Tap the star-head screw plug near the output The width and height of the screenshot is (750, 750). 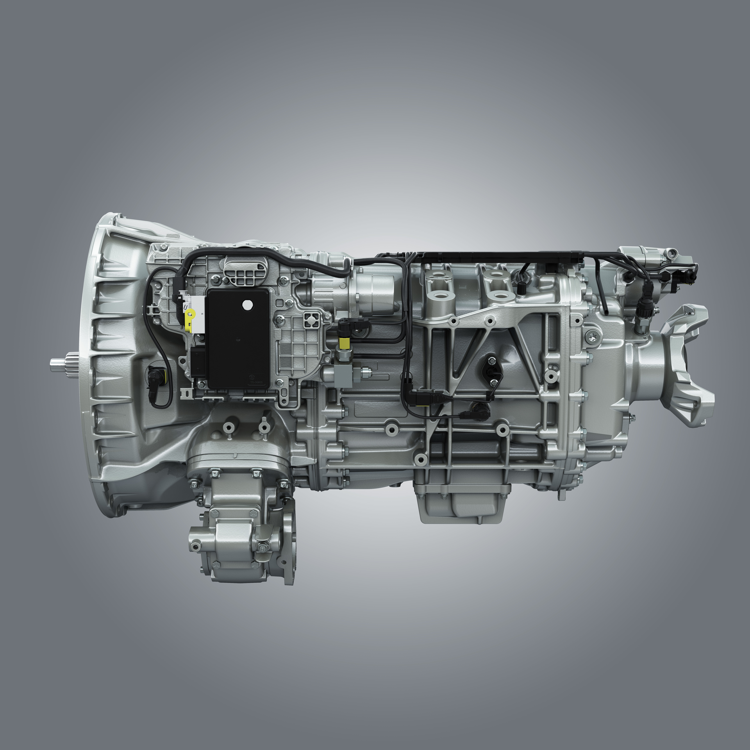pyautogui.click(x=591, y=334)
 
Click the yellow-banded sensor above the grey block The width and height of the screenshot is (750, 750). pyautogui.click(x=344, y=343)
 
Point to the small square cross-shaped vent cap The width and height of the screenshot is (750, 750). pyautogui.click(x=311, y=320)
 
